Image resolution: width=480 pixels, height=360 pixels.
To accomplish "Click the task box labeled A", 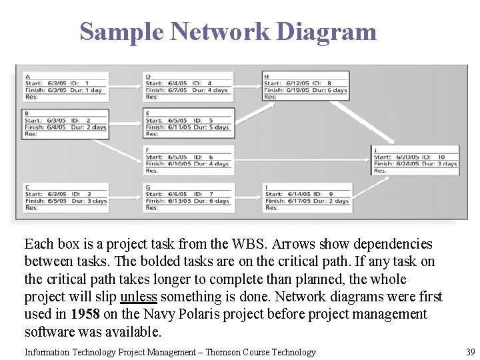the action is click(65, 87).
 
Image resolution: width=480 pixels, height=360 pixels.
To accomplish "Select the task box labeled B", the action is click(65, 124).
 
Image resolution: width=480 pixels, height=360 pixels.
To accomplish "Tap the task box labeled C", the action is click(65, 197).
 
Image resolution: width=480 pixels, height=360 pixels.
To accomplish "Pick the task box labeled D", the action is click(188, 87).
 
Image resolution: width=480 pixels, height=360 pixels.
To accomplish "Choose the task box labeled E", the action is click(188, 124).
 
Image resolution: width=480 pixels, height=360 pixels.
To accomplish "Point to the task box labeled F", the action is click(188, 161).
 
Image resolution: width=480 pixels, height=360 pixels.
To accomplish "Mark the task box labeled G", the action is click(188, 197).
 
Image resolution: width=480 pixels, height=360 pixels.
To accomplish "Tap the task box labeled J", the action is click(415, 160).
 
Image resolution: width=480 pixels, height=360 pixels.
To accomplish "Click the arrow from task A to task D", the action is click(125, 87).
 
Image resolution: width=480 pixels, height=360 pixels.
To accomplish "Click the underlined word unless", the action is click(139, 297).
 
